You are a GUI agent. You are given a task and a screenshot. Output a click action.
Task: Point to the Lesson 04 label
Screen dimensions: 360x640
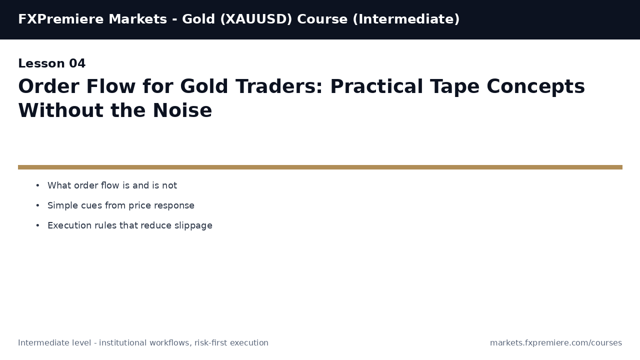(51, 64)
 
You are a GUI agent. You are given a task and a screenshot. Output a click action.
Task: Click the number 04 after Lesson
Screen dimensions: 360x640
(77, 64)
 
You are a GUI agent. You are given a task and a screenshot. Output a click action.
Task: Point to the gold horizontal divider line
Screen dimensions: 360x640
(320, 167)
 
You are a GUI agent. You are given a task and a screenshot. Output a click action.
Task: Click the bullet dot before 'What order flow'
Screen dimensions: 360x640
(37, 185)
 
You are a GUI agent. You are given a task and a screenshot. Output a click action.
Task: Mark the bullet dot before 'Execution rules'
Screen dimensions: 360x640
(37, 225)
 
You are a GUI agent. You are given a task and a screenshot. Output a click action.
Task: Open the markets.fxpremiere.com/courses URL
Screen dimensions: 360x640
(555, 343)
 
